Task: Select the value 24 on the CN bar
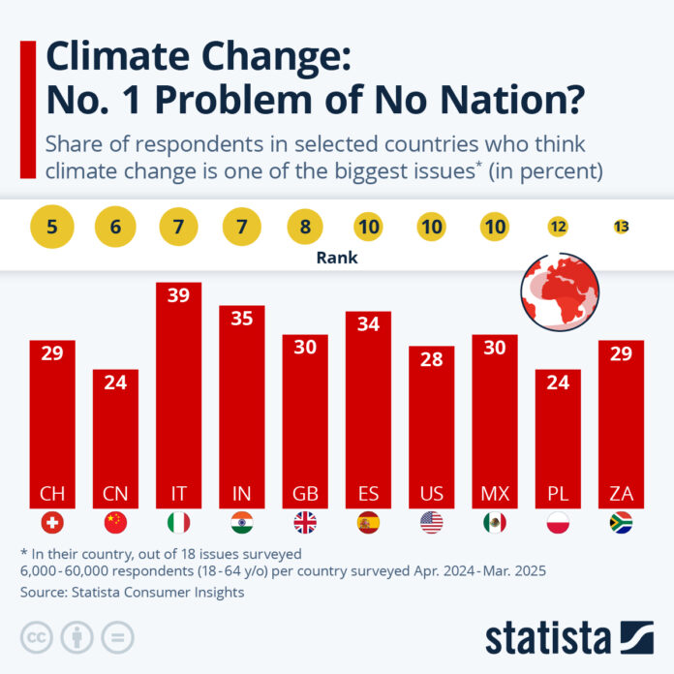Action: click(115, 383)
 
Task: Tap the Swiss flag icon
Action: click(52, 523)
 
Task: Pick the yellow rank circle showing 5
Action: click(52, 228)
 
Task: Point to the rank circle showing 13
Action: click(622, 228)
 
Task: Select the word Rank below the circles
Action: click(336, 259)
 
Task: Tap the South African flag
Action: click(622, 523)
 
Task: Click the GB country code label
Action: click(305, 494)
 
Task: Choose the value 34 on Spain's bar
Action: click(368, 324)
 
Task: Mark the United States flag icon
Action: click(432, 523)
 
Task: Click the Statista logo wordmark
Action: click(548, 638)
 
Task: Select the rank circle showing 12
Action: click(558, 228)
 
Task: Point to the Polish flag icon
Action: click(558, 523)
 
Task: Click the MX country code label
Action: click(495, 494)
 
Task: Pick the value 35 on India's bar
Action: click(242, 319)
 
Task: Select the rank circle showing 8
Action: click(305, 228)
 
